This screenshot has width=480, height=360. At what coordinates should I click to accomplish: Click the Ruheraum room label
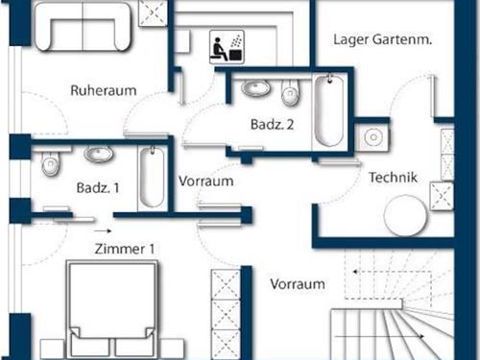(103, 90)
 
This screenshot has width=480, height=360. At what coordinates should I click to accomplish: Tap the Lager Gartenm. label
(382, 39)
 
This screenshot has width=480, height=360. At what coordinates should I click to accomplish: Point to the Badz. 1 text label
(98, 188)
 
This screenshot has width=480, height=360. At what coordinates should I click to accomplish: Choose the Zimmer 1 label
(125, 249)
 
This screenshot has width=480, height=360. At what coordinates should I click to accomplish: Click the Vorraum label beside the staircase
(297, 284)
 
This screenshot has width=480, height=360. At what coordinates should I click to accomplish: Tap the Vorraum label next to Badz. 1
(206, 180)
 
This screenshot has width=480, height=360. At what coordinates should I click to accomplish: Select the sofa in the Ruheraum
(84, 28)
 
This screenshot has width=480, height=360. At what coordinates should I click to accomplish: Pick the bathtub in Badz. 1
(153, 178)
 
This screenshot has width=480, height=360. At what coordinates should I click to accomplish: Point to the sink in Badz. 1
(96, 155)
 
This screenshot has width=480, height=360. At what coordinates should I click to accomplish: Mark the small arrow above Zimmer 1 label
(104, 231)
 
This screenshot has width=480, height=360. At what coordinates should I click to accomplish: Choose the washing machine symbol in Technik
(372, 138)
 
